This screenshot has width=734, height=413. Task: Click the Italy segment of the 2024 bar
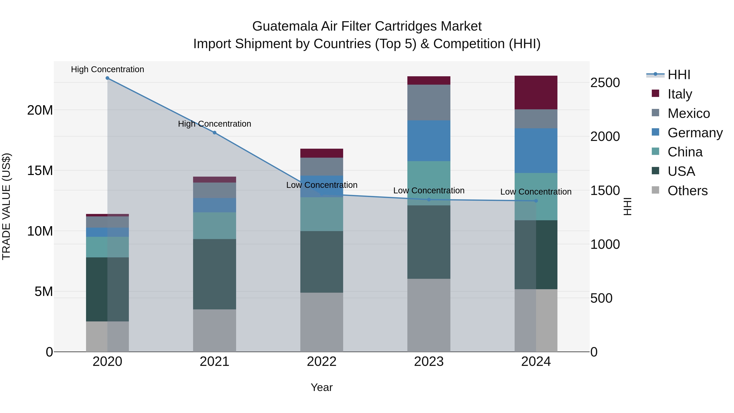pos(536,92)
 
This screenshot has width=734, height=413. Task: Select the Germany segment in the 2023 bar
pos(429,141)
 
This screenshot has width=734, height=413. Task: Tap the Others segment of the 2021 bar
pos(214,330)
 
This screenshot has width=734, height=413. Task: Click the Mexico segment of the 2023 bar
pos(429,102)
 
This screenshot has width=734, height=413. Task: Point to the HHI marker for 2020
pos(107,78)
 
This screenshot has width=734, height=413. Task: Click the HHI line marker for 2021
pos(214,133)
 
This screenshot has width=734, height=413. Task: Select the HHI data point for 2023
pos(429,199)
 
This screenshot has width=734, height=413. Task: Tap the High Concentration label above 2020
pos(107,69)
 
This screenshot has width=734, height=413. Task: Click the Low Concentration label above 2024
pos(536,192)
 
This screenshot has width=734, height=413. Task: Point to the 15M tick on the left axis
pos(40,171)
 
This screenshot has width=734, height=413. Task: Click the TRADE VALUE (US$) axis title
pos(6,206)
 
